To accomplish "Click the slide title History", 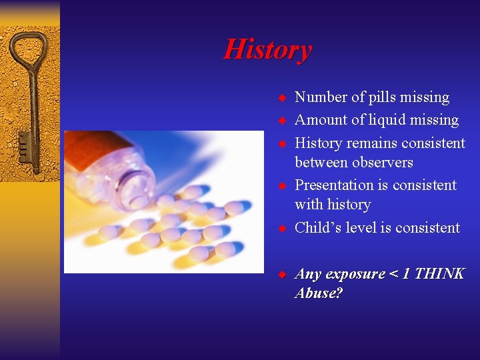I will [267, 50].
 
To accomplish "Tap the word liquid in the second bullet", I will [383, 120].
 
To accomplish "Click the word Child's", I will [317, 228].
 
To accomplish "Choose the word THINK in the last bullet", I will [439, 274].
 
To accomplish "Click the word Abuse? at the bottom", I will [319, 293].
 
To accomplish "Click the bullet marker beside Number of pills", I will [282, 98].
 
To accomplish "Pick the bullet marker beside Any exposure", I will [282, 274].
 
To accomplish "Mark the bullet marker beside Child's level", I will [282, 228].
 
